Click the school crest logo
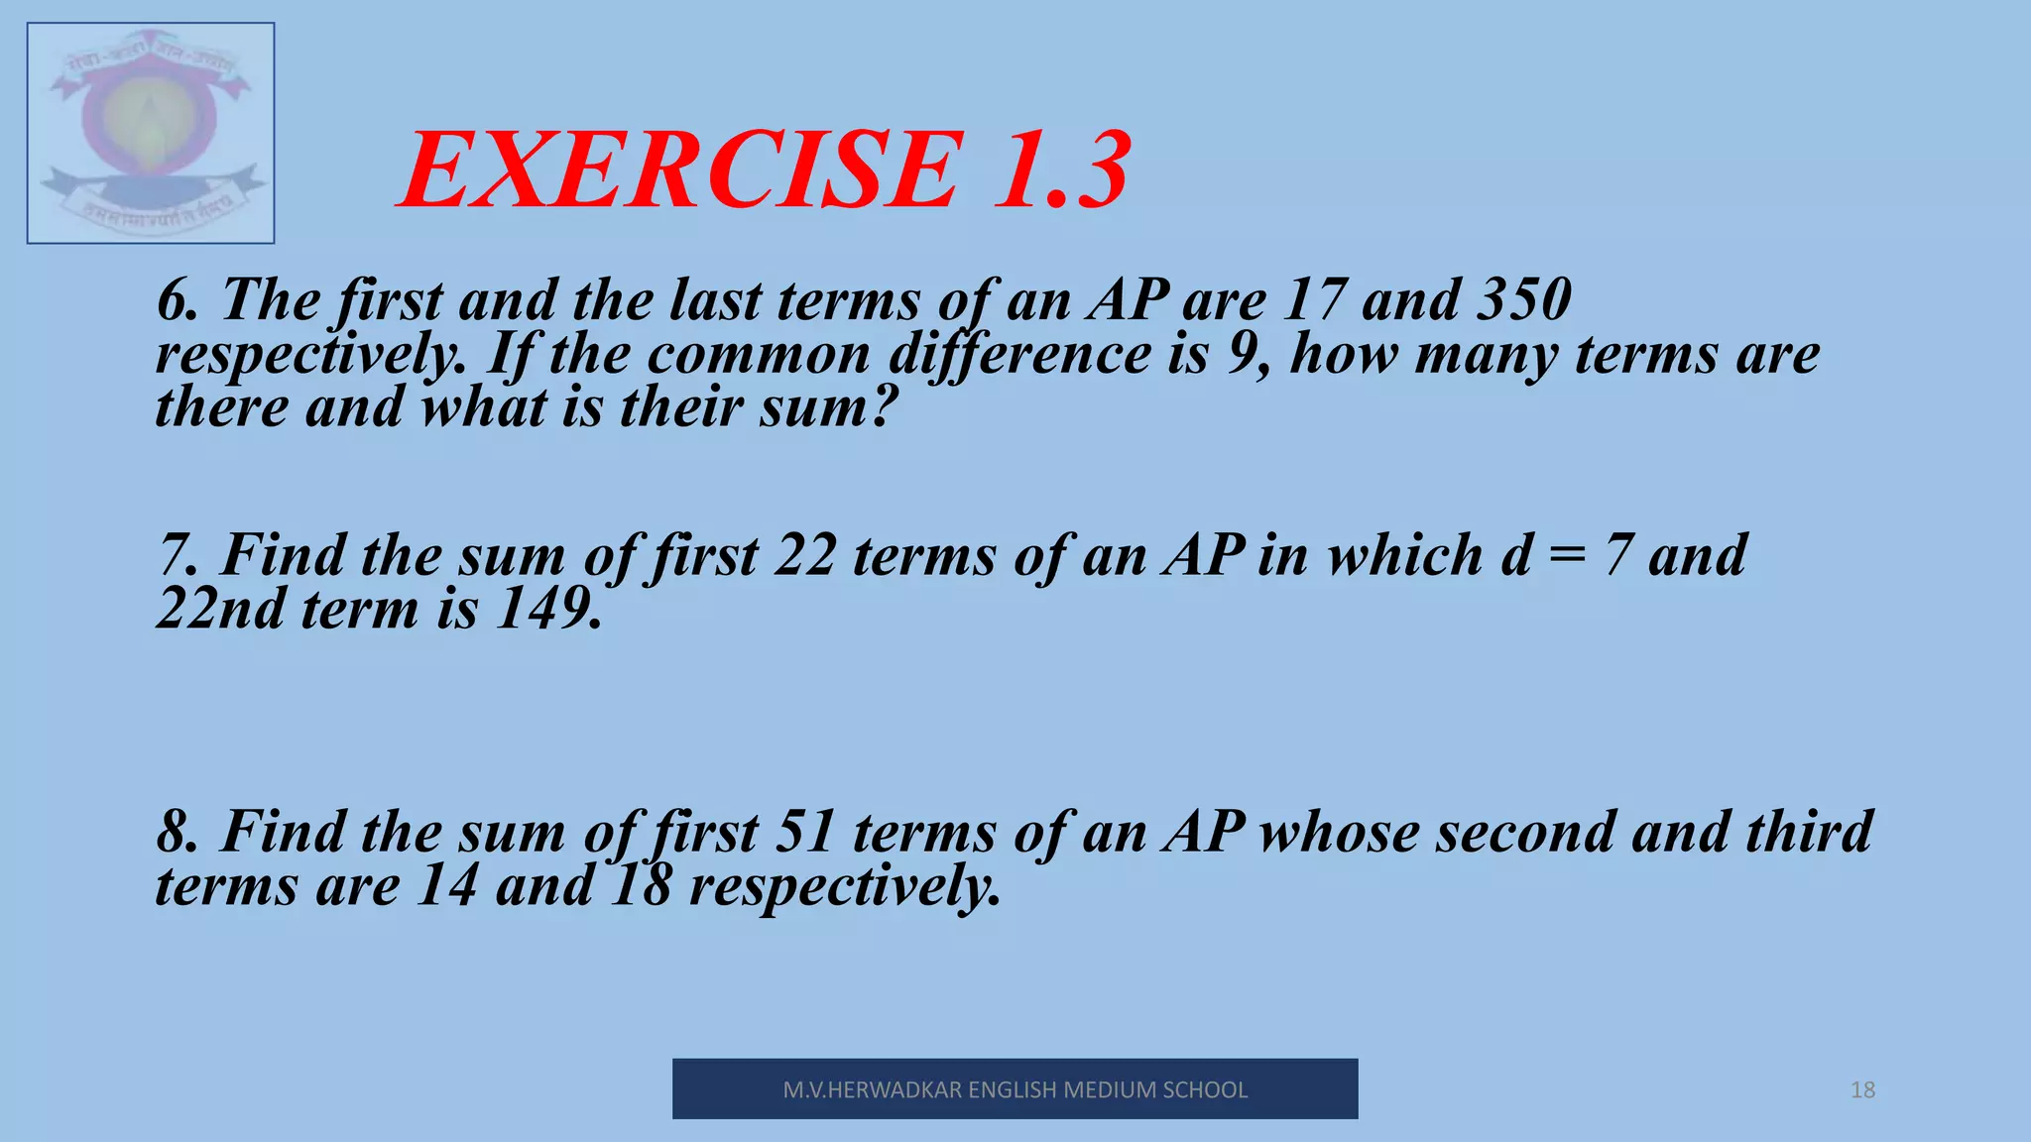[x=151, y=133]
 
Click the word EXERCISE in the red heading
[x=680, y=171]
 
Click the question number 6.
[x=177, y=300]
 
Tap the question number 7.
[x=177, y=555]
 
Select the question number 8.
[x=177, y=832]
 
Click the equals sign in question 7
[x=1567, y=555]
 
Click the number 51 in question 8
[x=804, y=832]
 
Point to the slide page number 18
[x=1862, y=1090]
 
